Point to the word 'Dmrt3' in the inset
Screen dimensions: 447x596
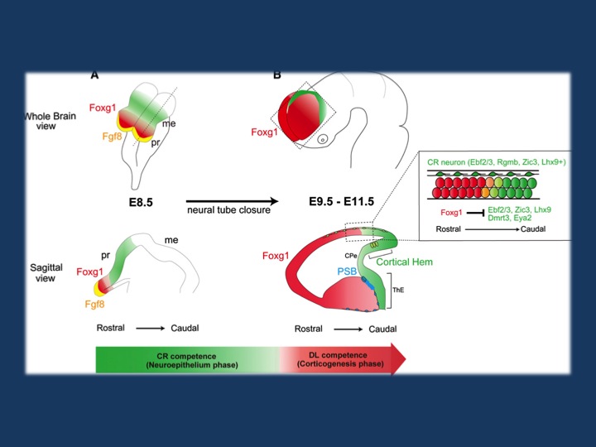pos(497,220)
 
